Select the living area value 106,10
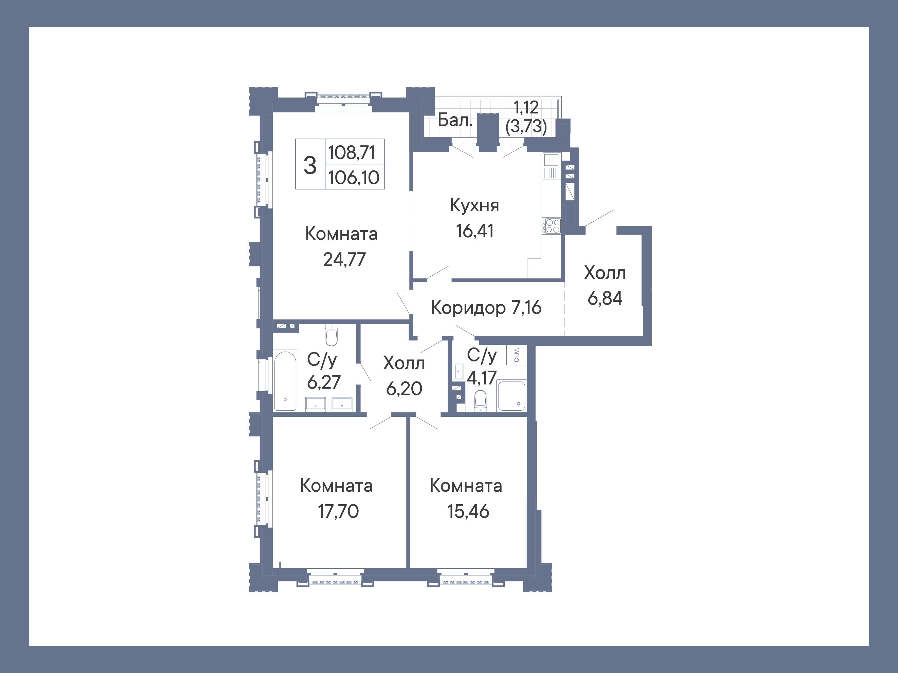pos(354,178)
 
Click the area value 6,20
pos(404,389)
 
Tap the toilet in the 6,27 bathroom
pos(332,335)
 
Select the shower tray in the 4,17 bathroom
pos(511,396)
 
